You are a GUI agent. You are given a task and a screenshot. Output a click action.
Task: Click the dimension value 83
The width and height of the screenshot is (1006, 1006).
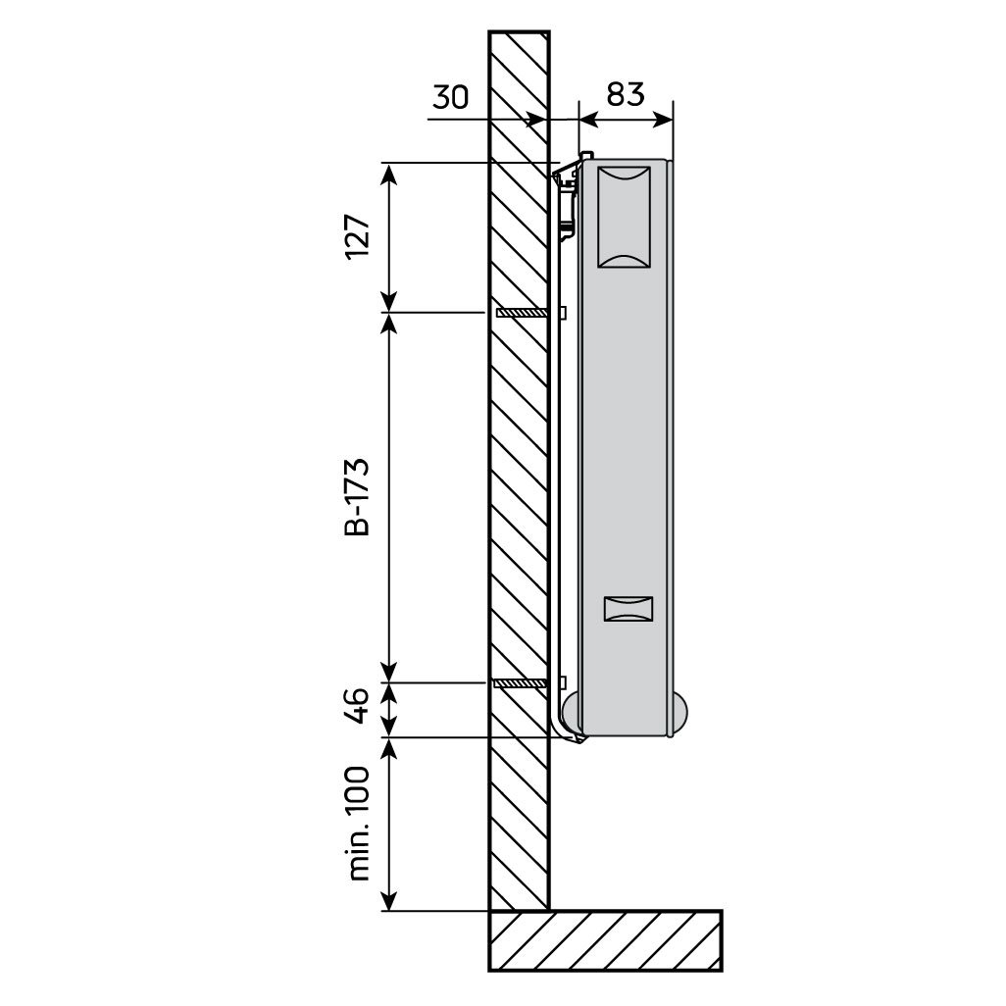625,93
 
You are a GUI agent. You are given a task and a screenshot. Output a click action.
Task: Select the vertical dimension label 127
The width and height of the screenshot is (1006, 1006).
358,236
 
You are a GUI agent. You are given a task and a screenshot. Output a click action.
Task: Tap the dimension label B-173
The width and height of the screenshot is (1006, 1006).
358,497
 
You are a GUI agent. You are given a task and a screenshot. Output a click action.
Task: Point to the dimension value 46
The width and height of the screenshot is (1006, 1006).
358,706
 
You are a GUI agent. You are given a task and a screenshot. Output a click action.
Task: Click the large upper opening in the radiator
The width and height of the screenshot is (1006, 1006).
624,217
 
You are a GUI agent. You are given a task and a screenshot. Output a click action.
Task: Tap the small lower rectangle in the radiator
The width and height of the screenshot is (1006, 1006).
628,609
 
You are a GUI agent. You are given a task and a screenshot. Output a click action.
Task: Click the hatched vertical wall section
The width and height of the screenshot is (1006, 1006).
519,490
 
